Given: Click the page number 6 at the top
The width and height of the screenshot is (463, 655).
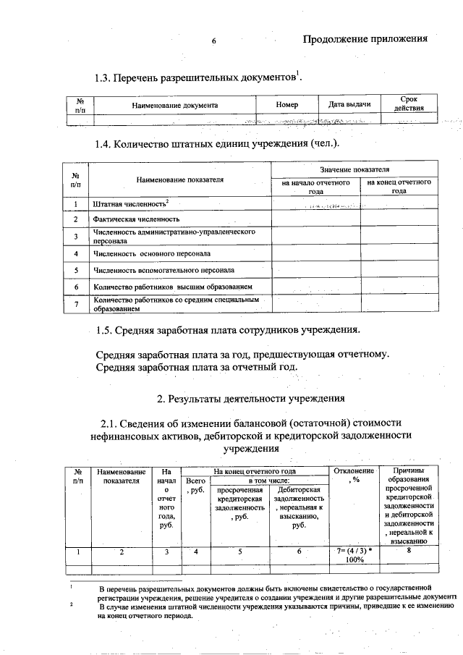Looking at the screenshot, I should (x=214, y=41).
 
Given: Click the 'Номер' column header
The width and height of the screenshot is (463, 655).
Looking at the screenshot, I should (x=287, y=105).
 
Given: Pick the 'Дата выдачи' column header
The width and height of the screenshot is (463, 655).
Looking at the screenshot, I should (x=349, y=105).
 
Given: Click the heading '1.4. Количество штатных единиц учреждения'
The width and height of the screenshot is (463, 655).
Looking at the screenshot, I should (x=217, y=144).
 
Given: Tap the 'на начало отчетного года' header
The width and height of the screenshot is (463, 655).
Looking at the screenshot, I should (x=316, y=187).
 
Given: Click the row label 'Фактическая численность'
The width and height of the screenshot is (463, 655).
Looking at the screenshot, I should (x=136, y=219).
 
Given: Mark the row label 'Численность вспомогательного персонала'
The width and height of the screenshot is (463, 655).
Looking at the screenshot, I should (x=163, y=271).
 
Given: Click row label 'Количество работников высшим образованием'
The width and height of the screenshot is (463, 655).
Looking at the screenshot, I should (x=173, y=287).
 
